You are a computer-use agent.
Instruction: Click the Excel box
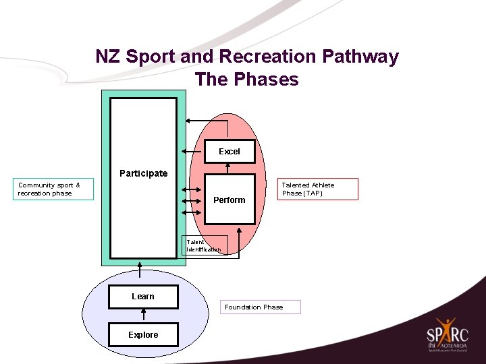230,152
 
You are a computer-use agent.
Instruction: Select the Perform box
230,200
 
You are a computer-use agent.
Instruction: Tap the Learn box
143,297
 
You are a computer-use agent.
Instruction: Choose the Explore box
143,335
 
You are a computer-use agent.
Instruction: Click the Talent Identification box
204,246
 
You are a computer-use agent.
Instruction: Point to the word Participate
143,173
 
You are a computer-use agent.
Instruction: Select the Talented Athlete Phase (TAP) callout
319,189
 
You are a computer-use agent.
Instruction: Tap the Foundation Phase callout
262,307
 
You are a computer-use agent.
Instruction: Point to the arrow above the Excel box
209,121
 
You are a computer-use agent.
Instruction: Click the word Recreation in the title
261,57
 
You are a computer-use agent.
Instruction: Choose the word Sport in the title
153,57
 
